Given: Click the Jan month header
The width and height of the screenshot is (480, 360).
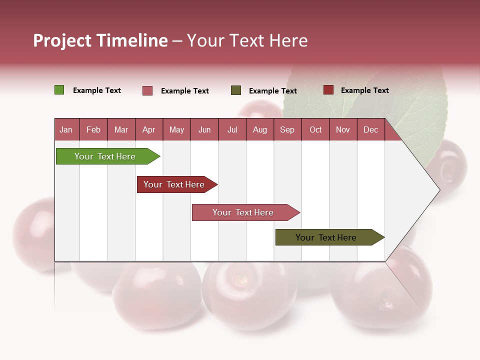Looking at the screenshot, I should point(66,129).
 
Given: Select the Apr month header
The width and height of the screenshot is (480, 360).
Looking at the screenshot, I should point(148,129).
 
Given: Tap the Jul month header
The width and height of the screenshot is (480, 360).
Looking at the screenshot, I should point(232,129).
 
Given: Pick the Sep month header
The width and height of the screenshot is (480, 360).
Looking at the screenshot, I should point(287,129).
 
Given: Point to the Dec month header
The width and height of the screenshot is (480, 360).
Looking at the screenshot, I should point(370,129).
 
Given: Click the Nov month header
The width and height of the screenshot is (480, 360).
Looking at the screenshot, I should point(342,129).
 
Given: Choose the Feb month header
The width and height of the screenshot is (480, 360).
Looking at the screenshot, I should point(93,129).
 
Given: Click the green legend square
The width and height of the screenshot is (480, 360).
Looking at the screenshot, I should point(59,90).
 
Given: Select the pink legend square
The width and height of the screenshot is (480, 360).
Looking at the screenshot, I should point(147,90).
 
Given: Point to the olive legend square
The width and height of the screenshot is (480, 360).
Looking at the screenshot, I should point(236,90).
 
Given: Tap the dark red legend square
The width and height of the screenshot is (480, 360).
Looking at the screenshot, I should point(328,90).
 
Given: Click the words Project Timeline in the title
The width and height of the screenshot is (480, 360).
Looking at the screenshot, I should point(100,40).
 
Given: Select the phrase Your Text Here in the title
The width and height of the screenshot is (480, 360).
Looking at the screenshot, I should point(247,40).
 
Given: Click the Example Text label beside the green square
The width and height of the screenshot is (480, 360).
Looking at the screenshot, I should point(97,90).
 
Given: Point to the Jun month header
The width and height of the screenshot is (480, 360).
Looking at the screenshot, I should point(204,129).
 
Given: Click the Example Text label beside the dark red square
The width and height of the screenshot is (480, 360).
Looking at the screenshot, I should point(364,90).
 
